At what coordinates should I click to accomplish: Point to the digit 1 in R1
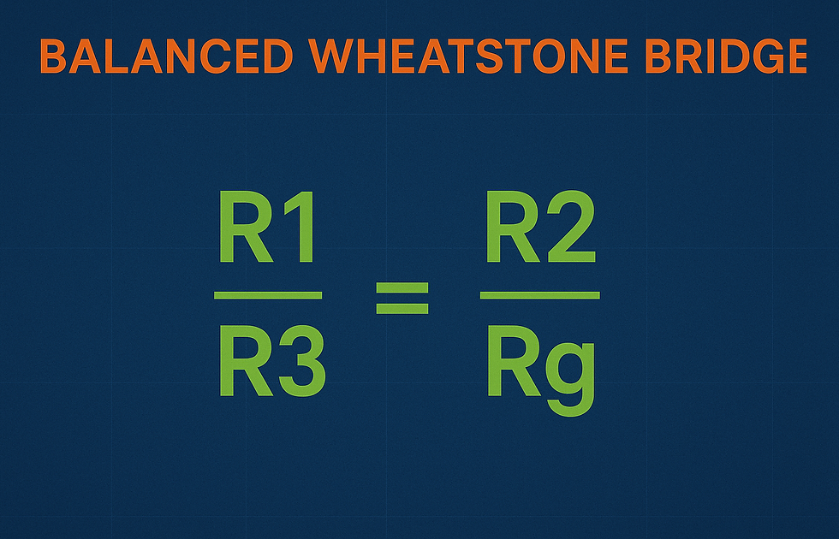pos(300,228)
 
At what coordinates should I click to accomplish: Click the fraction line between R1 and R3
pos(268,295)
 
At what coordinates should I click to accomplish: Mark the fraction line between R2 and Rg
pos(539,295)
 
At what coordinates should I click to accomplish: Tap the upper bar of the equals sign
pos(402,286)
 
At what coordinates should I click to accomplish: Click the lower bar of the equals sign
pos(402,307)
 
